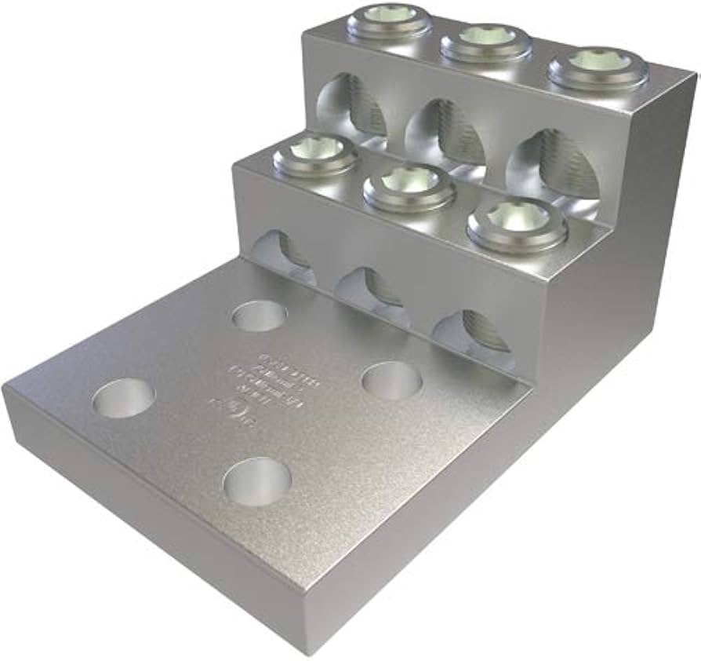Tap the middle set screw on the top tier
[486, 42]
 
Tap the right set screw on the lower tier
[517, 223]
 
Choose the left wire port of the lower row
[283, 254]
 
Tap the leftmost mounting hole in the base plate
[123, 397]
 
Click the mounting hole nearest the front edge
[257, 480]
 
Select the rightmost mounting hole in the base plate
[391, 380]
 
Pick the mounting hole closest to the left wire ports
[260, 316]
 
